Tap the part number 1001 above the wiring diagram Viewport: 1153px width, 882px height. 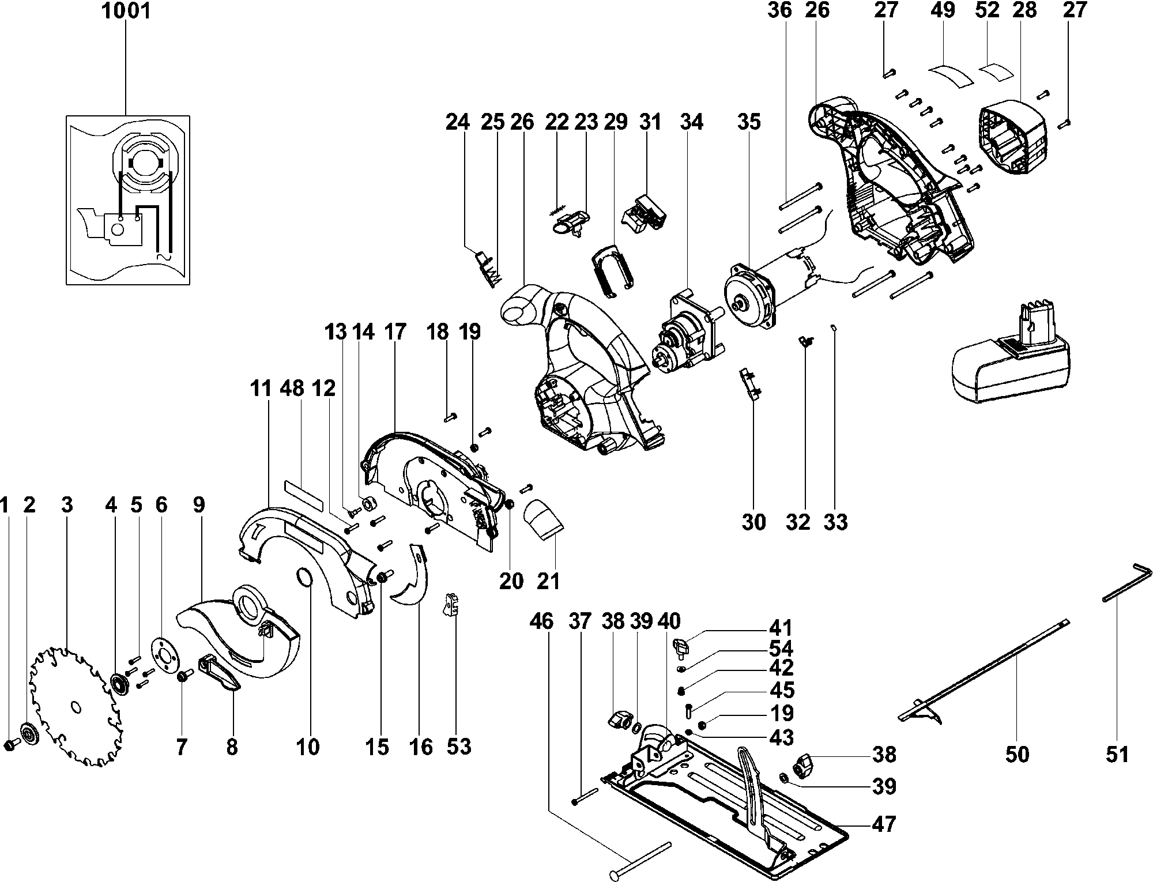pyautogui.click(x=126, y=11)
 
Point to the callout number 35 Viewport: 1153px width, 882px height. pyautogui.click(x=748, y=122)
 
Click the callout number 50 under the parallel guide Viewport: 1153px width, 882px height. pyautogui.click(x=1017, y=754)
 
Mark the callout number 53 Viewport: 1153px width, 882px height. pyautogui.click(x=459, y=747)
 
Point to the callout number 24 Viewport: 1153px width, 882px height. pyautogui.click(x=458, y=122)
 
